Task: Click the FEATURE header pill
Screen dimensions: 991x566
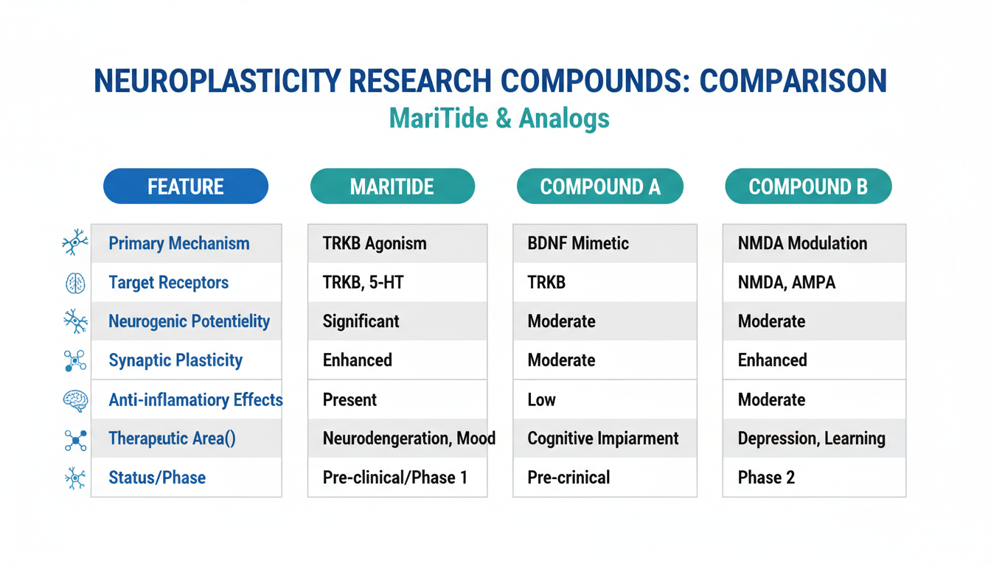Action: click(186, 186)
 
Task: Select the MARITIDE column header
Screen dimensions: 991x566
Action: click(392, 186)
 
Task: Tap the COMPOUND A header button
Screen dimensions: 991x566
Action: click(600, 186)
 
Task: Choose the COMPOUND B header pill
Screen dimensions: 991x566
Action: click(808, 186)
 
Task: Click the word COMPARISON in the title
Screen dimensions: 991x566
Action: click(793, 81)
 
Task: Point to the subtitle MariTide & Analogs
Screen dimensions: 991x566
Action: click(499, 119)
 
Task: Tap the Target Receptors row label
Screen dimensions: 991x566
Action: click(169, 282)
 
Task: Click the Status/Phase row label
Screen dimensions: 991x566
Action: click(157, 478)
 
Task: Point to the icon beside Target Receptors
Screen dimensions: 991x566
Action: click(75, 283)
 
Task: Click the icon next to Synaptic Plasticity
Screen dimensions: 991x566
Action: click(75, 361)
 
